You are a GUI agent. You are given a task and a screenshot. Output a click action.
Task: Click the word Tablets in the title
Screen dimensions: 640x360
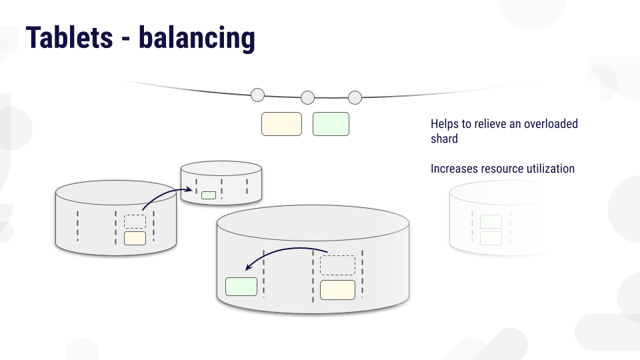point(69,37)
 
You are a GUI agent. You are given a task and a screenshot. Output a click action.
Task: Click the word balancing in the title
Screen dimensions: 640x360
point(197,39)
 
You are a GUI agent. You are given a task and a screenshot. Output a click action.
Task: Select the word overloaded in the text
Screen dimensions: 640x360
point(551,124)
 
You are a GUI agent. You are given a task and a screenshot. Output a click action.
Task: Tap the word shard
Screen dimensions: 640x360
point(444,139)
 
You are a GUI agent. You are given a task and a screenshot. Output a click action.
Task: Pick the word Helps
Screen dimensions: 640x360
point(445,124)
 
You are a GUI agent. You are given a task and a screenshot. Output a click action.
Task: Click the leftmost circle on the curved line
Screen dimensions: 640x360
point(257,95)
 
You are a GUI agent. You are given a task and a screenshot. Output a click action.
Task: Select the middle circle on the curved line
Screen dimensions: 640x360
point(308,97)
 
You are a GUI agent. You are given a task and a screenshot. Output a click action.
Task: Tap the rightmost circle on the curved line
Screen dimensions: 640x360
point(355,97)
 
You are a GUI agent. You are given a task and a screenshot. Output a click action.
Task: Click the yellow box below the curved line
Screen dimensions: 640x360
point(281,124)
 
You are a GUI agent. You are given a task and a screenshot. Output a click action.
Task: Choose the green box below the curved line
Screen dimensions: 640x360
point(331,124)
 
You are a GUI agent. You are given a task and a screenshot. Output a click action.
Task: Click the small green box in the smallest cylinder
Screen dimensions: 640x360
point(209,195)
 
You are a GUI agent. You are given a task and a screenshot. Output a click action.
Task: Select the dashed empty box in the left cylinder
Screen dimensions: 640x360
point(135,221)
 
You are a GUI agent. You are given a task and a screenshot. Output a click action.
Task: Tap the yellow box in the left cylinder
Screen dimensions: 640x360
point(135,239)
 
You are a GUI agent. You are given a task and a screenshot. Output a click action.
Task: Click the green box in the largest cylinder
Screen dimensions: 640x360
point(241,287)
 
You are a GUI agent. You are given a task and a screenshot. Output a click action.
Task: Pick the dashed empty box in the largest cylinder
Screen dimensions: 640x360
point(337,265)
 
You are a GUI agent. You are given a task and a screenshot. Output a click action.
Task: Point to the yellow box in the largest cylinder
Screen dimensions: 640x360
point(337,290)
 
